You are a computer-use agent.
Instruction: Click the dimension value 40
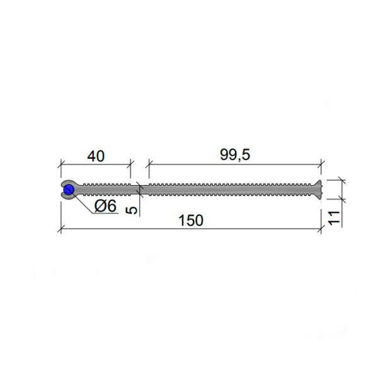(96, 156)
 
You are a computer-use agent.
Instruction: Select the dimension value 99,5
(235, 154)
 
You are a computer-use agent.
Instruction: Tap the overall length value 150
(191, 220)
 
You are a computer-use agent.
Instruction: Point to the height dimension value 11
(334, 218)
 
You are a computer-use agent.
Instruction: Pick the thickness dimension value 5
(132, 210)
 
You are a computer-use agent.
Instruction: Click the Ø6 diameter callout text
(105, 206)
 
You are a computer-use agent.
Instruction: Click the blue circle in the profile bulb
(69, 190)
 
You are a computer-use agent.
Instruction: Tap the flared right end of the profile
(318, 190)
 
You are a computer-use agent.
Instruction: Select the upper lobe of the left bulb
(68, 183)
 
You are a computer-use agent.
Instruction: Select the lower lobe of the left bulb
(68, 197)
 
